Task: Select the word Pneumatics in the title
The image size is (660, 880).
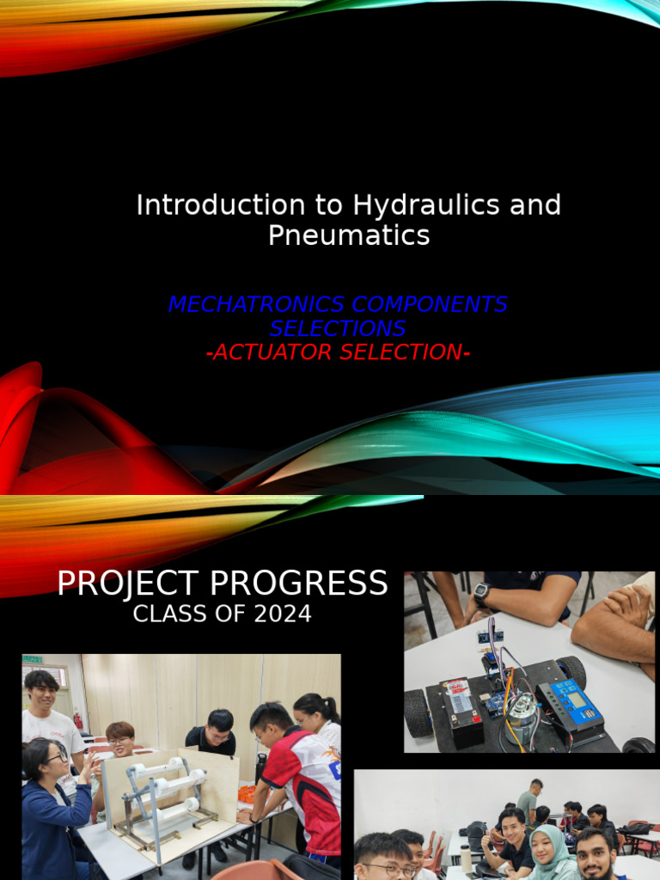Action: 349,235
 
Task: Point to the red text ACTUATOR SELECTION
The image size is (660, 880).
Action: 338,352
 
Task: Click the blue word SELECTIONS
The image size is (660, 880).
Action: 338,328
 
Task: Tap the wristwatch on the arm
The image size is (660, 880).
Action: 482,593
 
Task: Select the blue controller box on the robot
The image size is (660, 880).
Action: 570,704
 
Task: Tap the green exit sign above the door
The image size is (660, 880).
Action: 33,659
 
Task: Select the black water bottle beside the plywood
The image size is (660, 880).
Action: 260,768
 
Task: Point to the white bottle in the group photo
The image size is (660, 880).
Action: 466,858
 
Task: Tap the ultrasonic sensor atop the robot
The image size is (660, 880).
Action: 491,638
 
